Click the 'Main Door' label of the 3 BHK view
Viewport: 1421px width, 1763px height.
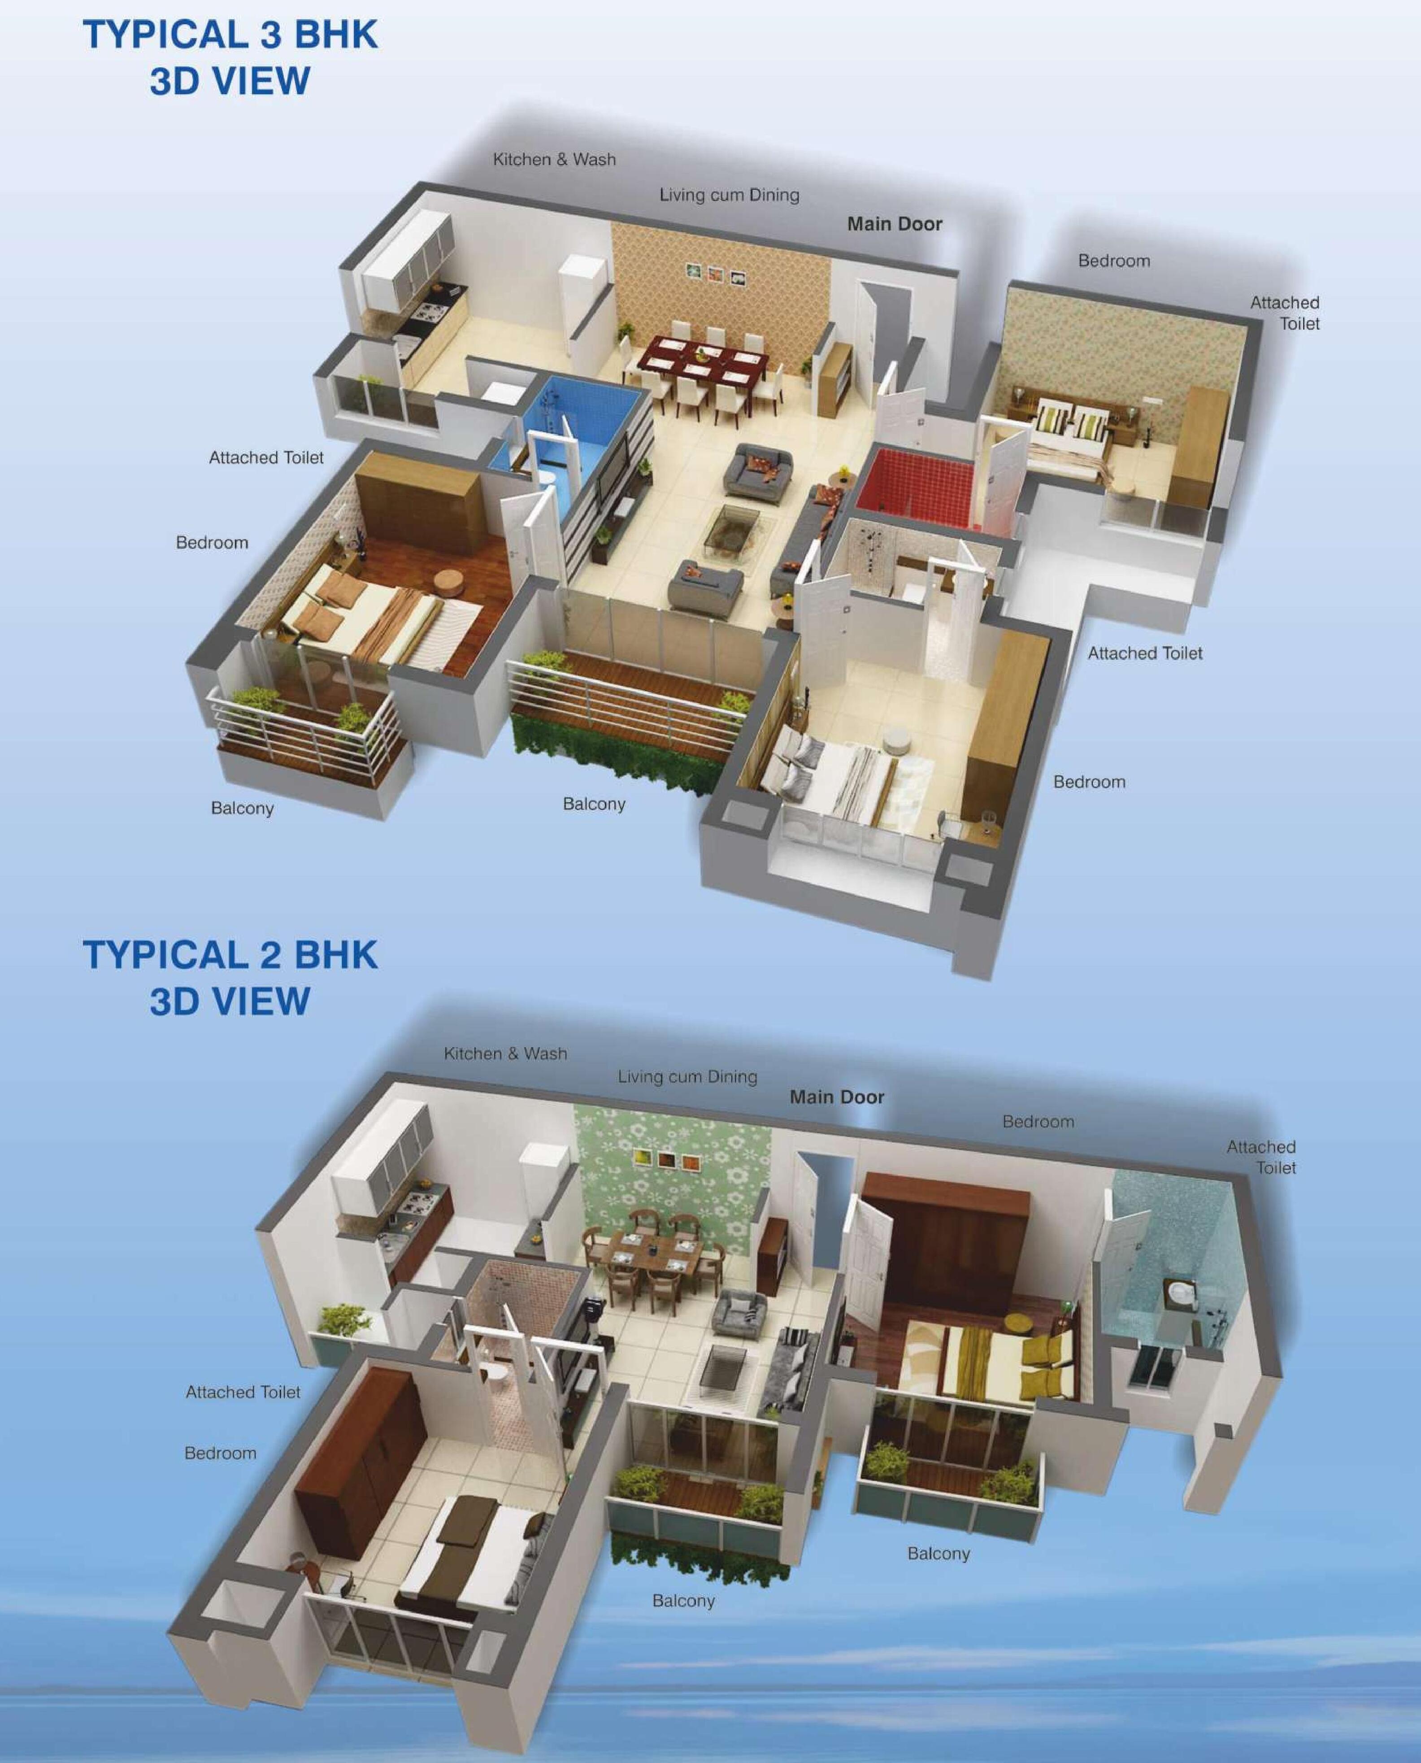coord(895,224)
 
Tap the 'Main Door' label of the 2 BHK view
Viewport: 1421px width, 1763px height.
coord(837,1097)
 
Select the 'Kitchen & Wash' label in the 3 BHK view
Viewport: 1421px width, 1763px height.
coord(554,160)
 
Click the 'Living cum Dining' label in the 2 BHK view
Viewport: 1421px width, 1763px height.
coord(687,1077)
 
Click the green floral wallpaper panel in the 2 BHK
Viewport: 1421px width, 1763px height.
coord(671,1179)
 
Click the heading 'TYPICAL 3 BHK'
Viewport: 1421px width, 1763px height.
coord(231,35)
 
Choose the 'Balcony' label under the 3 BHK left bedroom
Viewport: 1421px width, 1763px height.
coord(242,809)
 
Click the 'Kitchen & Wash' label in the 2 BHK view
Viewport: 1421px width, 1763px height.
coord(505,1054)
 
